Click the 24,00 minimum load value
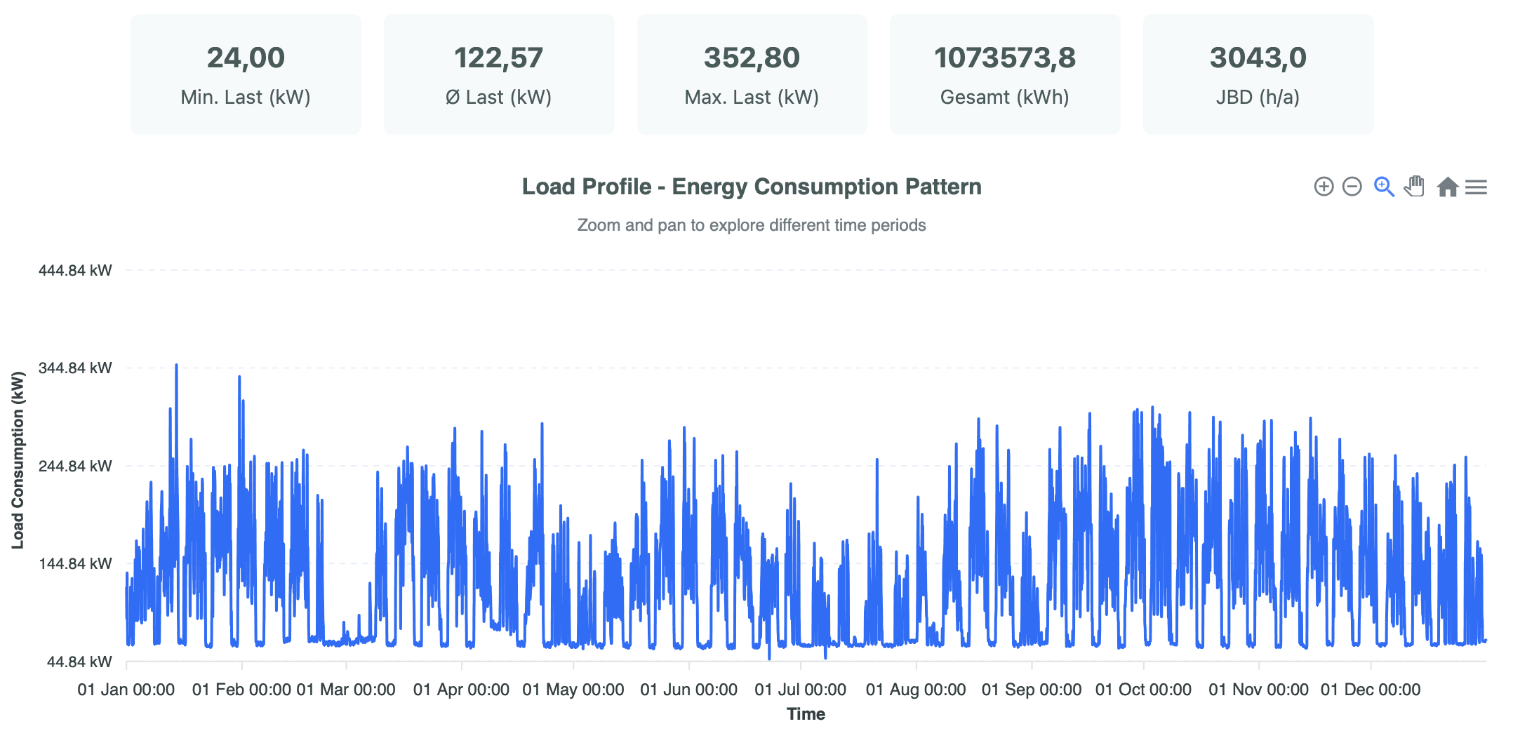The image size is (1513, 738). coord(246,58)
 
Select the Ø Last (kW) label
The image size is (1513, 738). coord(498,97)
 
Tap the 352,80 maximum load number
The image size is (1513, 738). coord(752,58)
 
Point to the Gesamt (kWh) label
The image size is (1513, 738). coord(1004,97)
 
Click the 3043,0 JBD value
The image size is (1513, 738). coord(1258,58)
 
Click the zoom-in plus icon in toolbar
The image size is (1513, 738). coord(1324,187)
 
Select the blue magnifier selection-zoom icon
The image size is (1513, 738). coord(1383,187)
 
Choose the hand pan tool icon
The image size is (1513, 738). coord(1414,187)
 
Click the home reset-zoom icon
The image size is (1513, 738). coord(1447,187)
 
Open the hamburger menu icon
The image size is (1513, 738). coord(1477,187)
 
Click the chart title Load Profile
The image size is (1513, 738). coord(751,187)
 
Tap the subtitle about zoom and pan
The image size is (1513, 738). coord(751,225)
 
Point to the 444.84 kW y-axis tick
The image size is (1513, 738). coord(75,271)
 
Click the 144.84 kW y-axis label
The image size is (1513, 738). coord(75,564)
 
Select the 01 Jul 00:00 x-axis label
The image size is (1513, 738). coord(800,690)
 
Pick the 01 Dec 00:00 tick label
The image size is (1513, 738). coord(1370,690)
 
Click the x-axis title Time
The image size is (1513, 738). coord(806,714)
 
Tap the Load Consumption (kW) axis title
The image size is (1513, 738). coord(18,460)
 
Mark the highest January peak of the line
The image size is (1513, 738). coord(176,365)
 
